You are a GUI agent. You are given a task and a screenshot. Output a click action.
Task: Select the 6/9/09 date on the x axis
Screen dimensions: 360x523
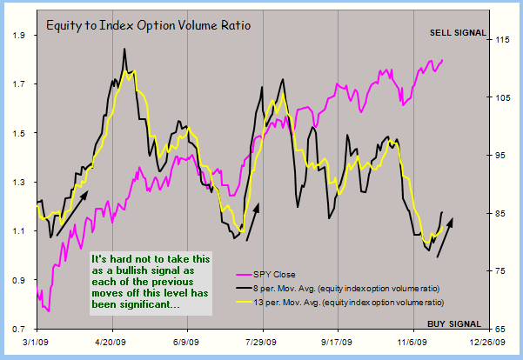[187, 343]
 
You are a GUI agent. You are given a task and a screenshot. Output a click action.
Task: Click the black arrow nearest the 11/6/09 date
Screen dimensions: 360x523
[444, 237]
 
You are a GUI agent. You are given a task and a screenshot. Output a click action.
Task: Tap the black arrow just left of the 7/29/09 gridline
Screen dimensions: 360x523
[252, 223]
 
